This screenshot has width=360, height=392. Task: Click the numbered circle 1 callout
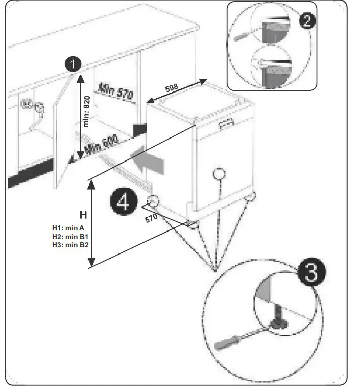click(x=73, y=64)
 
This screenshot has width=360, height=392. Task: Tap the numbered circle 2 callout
click(x=306, y=21)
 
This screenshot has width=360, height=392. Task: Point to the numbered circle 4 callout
click(x=123, y=202)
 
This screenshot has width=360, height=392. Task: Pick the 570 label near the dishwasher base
click(x=151, y=217)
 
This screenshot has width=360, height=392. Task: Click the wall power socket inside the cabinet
click(x=27, y=104)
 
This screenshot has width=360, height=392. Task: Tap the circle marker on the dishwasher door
click(x=219, y=174)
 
